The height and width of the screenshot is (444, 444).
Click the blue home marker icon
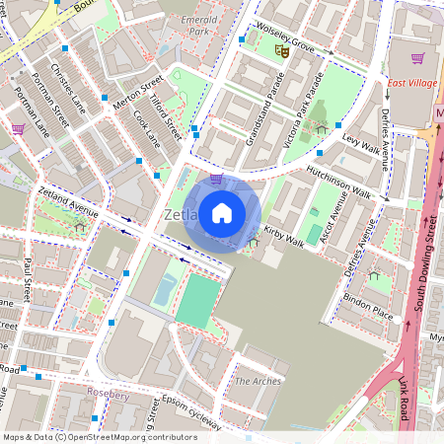(x=222, y=212)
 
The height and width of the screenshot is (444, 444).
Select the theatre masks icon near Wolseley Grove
(x=281, y=47)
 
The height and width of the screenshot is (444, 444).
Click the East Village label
(x=411, y=84)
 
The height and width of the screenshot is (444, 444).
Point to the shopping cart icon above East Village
(x=417, y=58)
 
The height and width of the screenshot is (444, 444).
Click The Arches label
(x=258, y=381)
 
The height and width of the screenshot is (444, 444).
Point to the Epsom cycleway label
(x=193, y=411)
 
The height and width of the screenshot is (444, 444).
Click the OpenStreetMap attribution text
(x=99, y=437)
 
